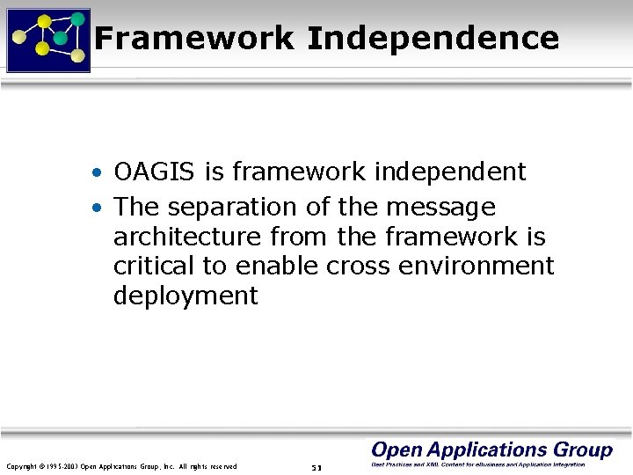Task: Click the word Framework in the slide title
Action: click(x=194, y=38)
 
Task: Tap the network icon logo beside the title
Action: click(x=48, y=40)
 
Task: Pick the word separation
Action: click(x=231, y=208)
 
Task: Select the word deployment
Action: click(x=186, y=296)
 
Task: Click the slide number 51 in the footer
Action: click(x=316, y=466)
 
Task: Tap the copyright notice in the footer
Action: click(x=121, y=466)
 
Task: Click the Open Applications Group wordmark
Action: click(x=491, y=450)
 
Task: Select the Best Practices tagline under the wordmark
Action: click(x=478, y=464)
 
